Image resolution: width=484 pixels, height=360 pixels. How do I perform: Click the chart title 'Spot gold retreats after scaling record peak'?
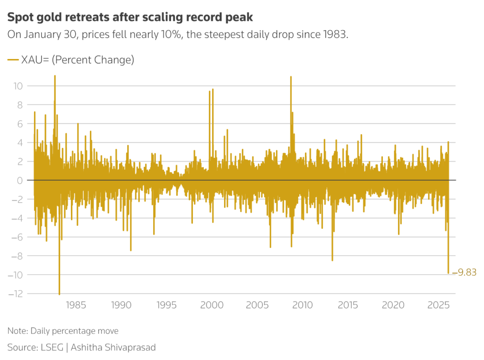point(130,17)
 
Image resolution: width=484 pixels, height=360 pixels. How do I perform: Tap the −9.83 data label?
point(464,272)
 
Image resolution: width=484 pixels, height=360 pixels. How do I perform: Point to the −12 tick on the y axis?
point(16,294)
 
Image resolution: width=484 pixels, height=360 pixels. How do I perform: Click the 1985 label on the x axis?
point(77,305)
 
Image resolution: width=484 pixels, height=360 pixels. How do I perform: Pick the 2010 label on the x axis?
point(302,305)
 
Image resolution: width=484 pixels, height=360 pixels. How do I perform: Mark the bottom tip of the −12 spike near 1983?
point(60,294)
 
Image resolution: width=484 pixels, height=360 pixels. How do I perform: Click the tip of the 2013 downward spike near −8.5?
point(332,260)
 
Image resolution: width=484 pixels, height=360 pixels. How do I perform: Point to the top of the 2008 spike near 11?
point(291,77)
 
